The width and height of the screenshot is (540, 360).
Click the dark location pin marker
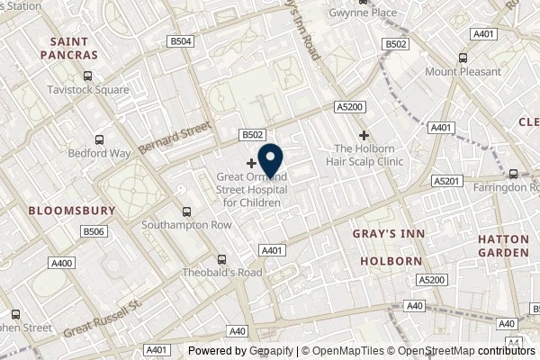pos(271,159)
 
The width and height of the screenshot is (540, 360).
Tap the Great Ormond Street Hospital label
pos(249,190)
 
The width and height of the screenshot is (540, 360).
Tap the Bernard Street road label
pos(174,139)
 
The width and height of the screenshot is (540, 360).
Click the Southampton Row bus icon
pos(186,212)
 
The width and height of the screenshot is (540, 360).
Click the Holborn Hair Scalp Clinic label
pos(369,155)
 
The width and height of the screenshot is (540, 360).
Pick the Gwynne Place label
pos(363,13)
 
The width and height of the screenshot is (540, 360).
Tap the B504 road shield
pos(182,41)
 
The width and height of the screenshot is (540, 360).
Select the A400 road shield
pos(61,263)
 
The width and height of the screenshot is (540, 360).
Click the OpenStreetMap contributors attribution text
pos(467,351)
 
